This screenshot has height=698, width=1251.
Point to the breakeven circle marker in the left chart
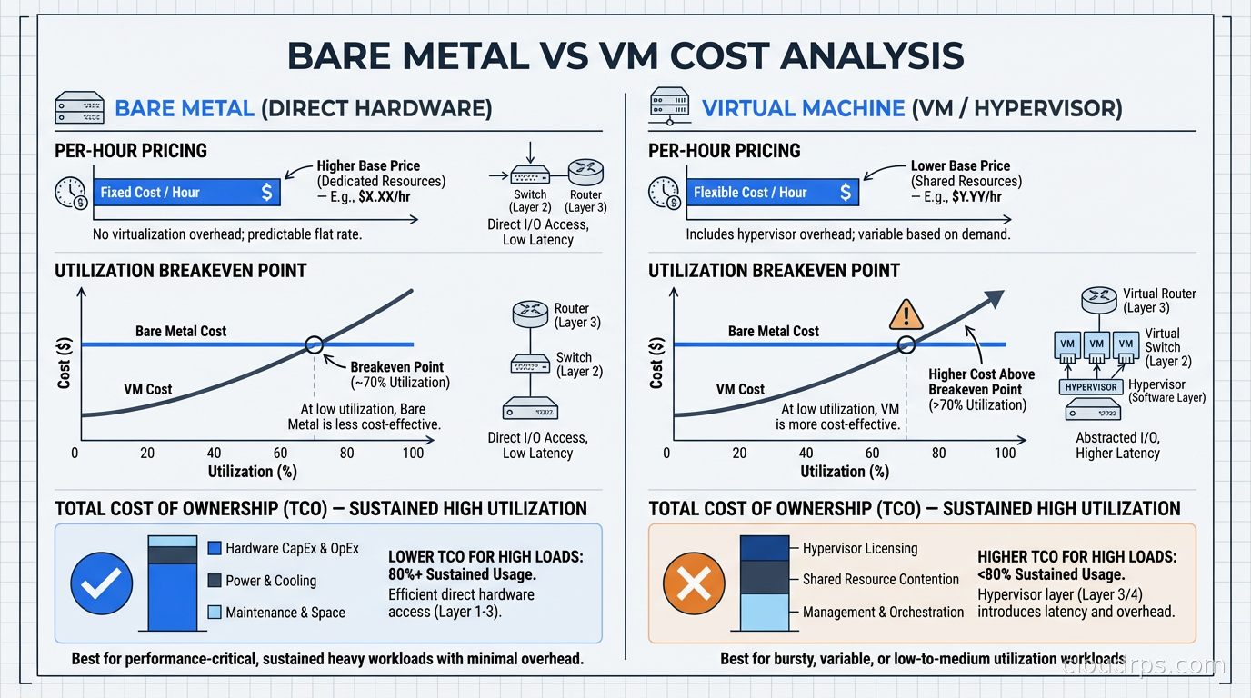click(x=314, y=344)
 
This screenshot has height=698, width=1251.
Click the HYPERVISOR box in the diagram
click(x=1090, y=387)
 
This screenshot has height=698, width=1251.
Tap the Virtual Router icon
click(x=1097, y=300)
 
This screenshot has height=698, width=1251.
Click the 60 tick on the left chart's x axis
click(x=280, y=453)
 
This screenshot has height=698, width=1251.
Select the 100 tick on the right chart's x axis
click(x=1005, y=453)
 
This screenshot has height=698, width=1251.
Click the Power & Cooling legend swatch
click(x=215, y=581)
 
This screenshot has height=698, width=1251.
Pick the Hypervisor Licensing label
click(x=859, y=548)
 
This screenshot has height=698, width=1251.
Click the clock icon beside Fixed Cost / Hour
click(x=70, y=193)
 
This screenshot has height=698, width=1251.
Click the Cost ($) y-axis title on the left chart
click(x=64, y=364)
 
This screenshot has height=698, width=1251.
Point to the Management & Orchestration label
click(x=883, y=612)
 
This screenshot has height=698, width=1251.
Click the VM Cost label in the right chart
click(x=740, y=389)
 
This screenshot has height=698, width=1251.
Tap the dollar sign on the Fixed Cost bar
click(x=265, y=193)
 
